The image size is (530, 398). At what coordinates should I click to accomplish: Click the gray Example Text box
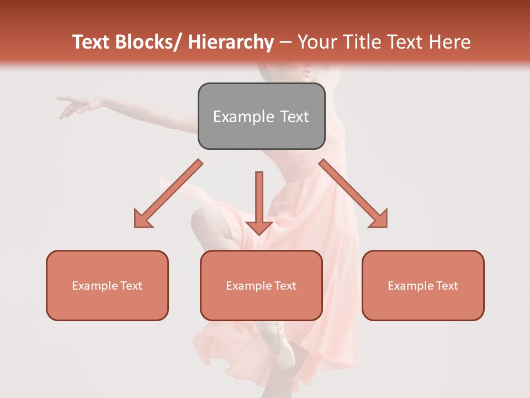click(261, 116)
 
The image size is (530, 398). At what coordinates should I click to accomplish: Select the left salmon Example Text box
click(107, 285)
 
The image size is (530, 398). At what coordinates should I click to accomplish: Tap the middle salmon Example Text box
click(261, 285)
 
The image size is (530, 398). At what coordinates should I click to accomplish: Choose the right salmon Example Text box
click(423, 285)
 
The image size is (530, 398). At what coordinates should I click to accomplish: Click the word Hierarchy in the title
click(230, 42)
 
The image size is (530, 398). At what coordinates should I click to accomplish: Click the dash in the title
click(285, 42)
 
